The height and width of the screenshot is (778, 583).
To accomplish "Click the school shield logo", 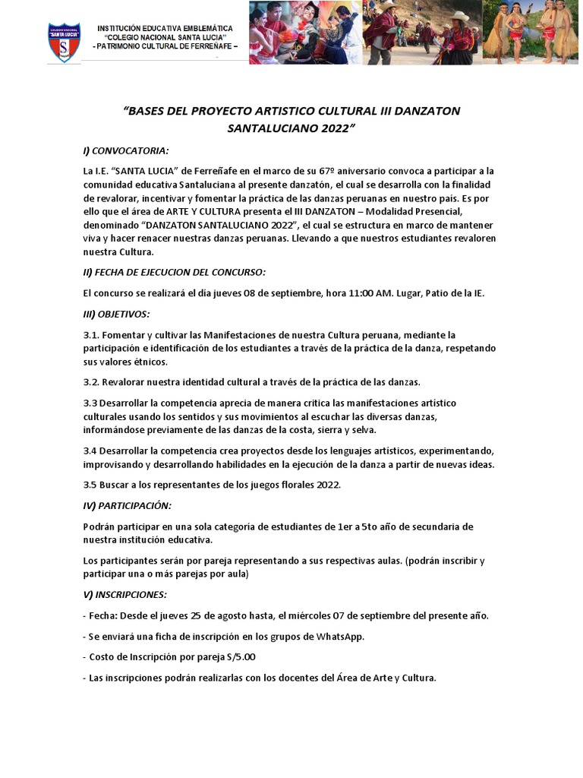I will (65, 43).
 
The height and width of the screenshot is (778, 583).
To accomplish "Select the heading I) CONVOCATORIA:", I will (126, 150).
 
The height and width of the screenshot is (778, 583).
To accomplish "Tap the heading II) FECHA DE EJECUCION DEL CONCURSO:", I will (174, 273).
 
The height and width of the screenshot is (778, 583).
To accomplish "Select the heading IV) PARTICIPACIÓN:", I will (127, 505).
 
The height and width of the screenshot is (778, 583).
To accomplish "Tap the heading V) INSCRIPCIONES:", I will (124, 594).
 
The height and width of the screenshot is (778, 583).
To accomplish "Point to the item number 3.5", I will (91, 485).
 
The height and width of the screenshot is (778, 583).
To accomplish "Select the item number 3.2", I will (91, 381).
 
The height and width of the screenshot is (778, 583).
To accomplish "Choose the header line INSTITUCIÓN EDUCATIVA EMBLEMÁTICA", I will (165, 28).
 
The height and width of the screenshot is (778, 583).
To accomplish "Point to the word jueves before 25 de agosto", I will (181, 615).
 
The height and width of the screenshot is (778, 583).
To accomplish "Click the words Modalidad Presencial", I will (436, 212).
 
